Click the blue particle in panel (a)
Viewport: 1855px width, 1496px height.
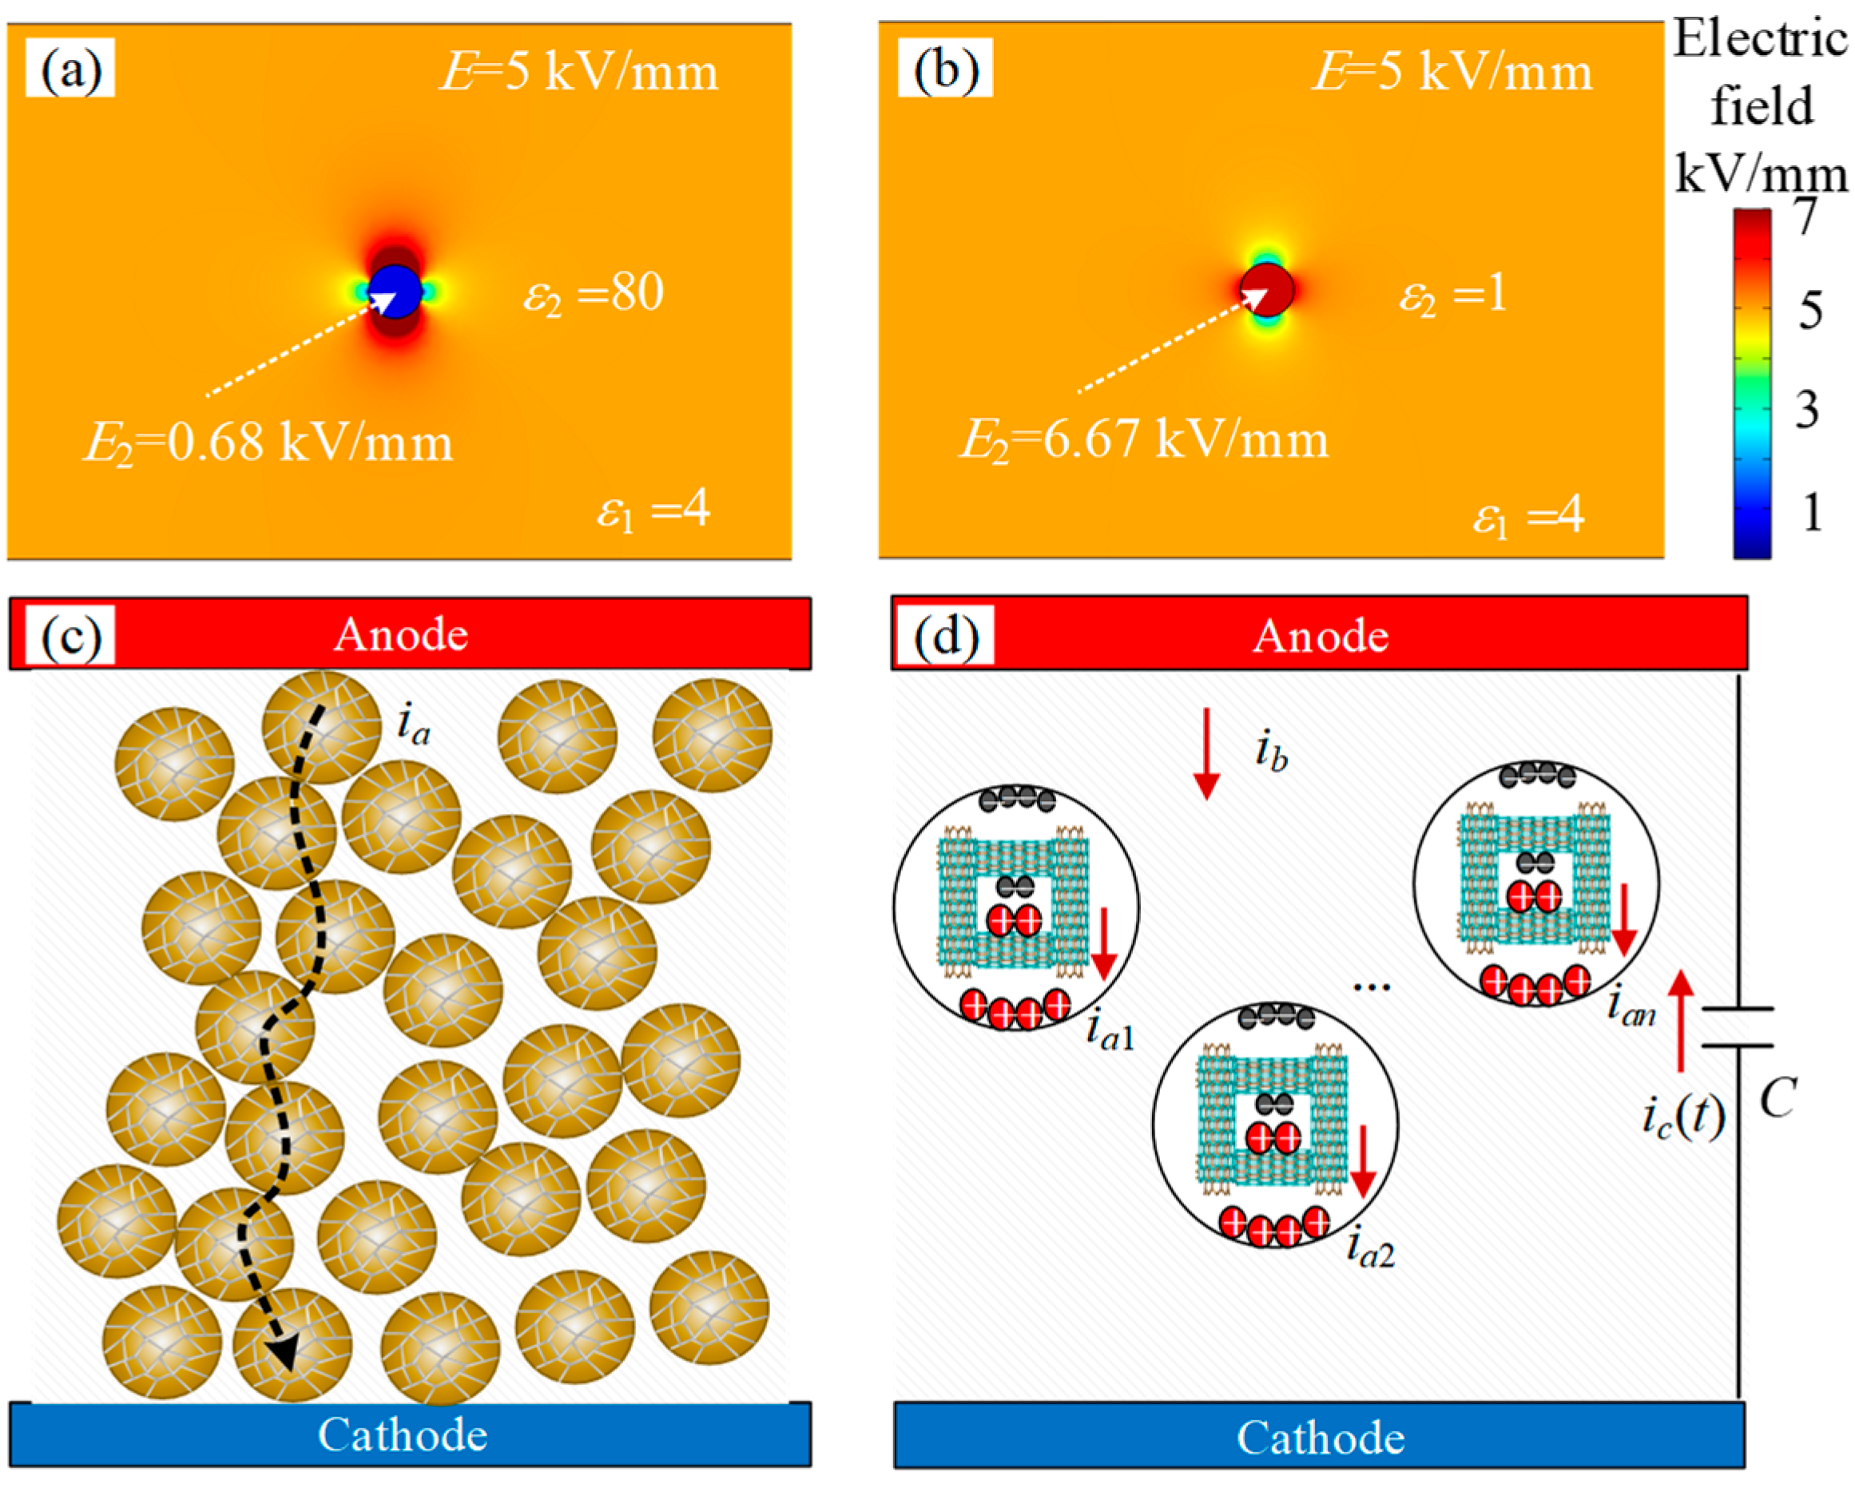coord(395,291)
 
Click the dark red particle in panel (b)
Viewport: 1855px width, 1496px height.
coord(1267,291)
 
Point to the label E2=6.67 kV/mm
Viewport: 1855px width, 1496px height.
coord(1143,440)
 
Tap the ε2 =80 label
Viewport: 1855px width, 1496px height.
coord(593,293)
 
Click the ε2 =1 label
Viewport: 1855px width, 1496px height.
coord(1452,295)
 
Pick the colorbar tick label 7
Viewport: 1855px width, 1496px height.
coord(1805,216)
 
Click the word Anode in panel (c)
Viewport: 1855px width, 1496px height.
coord(401,635)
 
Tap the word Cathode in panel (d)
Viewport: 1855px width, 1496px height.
coord(1321,1438)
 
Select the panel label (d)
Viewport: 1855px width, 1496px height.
coord(946,636)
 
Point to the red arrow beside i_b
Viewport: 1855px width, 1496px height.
coord(1206,753)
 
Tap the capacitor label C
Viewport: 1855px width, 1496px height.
coord(1778,1099)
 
